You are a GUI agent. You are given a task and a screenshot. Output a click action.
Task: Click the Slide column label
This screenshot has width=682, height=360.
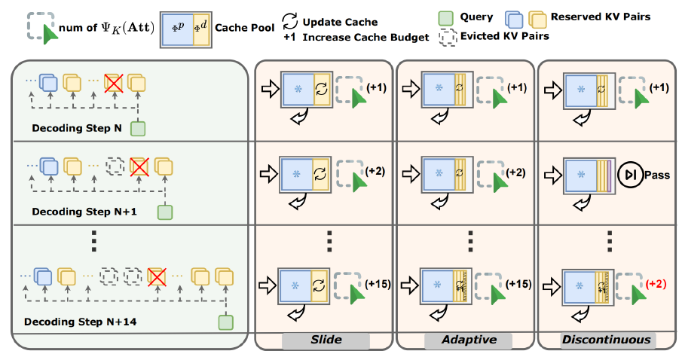[x=325, y=340]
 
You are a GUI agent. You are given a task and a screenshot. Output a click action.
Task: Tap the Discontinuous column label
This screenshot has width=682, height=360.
[x=606, y=340]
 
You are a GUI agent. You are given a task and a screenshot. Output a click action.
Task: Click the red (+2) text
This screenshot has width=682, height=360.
[x=656, y=284]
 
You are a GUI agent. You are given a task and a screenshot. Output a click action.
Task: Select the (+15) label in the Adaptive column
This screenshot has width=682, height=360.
[x=518, y=284]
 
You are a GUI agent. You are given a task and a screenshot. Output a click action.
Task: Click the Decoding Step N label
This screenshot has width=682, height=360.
[x=77, y=128]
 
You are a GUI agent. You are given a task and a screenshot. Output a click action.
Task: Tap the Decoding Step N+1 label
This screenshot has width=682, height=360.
[x=85, y=212]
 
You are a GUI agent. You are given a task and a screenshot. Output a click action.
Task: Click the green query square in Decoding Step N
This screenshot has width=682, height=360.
[x=137, y=129]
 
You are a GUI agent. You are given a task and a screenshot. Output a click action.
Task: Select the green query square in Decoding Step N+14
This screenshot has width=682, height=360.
[x=225, y=322]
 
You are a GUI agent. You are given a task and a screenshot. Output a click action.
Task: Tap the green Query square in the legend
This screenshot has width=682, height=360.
[x=444, y=17]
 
